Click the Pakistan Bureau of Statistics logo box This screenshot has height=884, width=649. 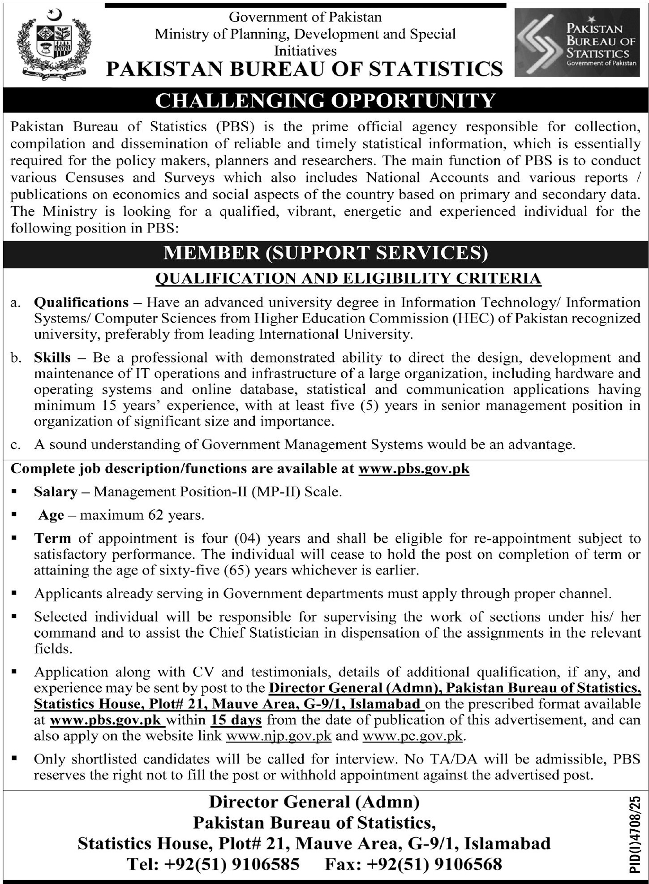coord(576,43)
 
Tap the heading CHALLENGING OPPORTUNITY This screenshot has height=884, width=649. coord(325,100)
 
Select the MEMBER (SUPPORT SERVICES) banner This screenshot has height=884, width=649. coord(325,253)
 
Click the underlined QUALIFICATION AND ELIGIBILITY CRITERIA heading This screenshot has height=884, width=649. coord(348,278)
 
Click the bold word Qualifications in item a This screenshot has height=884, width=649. coord(81,302)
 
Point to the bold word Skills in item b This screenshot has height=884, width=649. coord(52,358)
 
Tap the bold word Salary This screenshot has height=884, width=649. coord(56,492)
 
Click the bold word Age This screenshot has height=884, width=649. coord(51,515)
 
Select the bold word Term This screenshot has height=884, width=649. coord(52,538)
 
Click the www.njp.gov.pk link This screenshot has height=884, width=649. coord(279,736)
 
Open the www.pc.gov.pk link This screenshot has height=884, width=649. coord(412,736)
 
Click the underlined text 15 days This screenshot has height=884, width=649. coord(236,720)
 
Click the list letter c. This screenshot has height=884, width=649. coord(16,444)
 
